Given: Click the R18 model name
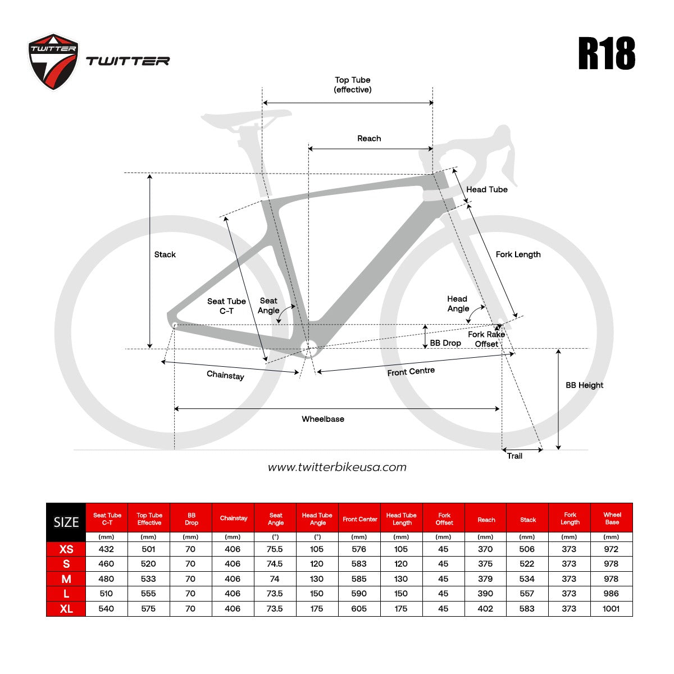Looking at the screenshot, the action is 606,53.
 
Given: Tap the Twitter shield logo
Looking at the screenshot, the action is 53,62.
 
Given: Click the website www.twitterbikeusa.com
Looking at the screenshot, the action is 337,467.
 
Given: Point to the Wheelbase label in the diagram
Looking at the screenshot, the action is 323,419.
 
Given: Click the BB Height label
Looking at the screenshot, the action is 585,385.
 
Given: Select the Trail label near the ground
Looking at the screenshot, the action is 514,456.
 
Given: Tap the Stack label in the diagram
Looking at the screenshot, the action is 165,254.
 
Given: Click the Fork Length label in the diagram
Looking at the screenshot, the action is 518,254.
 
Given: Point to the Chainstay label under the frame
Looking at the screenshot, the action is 225,375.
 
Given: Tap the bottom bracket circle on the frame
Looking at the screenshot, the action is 309,348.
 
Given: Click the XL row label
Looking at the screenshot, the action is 66,609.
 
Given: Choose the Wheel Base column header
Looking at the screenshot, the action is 612,518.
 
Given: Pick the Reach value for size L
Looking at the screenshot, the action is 485,594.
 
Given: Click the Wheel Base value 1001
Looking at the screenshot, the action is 611,609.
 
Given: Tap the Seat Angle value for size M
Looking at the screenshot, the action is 275,579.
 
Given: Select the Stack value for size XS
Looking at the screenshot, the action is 527,549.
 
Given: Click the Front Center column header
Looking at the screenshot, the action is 359,519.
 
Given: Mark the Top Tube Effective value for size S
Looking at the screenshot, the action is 148,564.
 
